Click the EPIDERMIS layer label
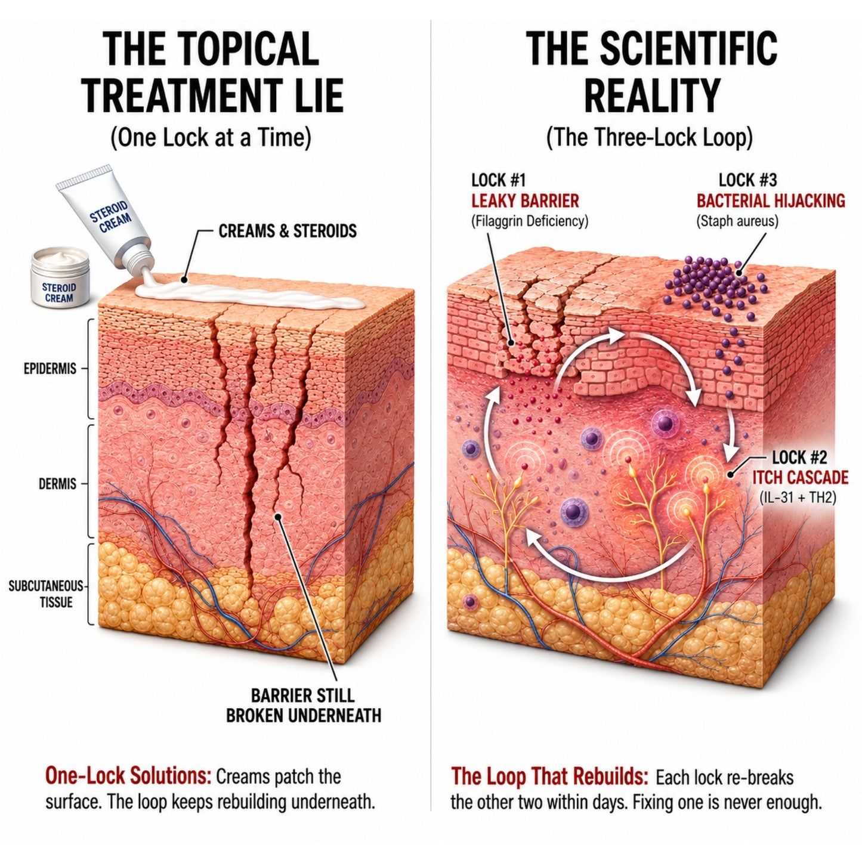click(50, 369)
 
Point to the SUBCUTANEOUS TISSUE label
click(47, 594)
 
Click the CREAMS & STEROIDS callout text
click(288, 231)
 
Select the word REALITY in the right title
click(652, 95)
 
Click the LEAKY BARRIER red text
click(525, 201)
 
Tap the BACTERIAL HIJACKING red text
click(771, 201)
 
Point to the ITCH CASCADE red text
click(800, 477)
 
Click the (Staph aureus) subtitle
click(737, 221)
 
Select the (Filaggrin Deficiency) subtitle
click(530, 221)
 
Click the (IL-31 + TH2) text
click(798, 498)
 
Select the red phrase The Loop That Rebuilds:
click(549, 777)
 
